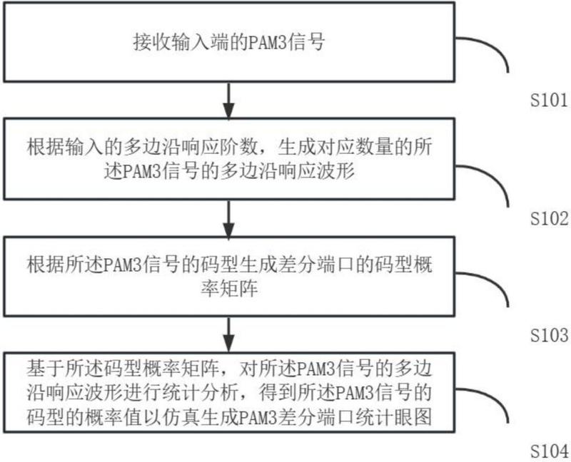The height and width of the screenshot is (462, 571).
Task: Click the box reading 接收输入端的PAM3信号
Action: (228, 42)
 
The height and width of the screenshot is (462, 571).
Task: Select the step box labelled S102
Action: (228, 163)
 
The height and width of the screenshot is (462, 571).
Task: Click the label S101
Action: (550, 101)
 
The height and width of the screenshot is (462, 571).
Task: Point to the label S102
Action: (550, 218)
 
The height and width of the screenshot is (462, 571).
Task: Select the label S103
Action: (550, 335)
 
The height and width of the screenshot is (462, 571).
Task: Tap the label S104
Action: (550, 452)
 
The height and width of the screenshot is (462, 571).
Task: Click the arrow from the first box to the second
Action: (228, 101)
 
